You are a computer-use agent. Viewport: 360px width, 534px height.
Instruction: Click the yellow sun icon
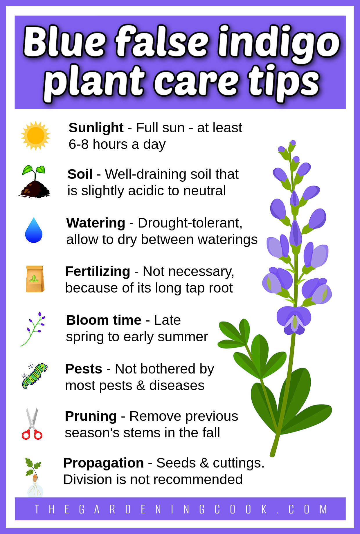(35, 136)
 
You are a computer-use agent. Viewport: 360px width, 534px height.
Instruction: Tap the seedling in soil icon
(34, 181)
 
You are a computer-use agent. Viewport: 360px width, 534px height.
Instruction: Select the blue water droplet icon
(34, 230)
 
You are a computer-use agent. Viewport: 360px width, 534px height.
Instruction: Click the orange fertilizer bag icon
(35, 279)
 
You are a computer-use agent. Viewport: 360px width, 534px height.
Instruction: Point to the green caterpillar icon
(35, 376)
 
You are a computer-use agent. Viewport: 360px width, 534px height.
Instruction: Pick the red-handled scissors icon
(32, 424)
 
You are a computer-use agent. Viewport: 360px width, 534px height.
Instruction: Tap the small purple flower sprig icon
(33, 329)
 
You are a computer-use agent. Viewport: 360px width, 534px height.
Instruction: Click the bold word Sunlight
(96, 128)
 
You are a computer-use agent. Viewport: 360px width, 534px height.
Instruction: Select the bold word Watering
(96, 223)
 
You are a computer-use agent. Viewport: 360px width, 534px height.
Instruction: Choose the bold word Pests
(84, 369)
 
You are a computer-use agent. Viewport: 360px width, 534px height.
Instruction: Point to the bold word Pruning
(91, 416)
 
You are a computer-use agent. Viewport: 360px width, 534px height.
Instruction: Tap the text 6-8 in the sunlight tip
(78, 144)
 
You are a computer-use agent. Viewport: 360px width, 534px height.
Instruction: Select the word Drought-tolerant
(190, 223)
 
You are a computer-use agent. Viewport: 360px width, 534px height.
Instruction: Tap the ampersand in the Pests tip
(141, 386)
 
